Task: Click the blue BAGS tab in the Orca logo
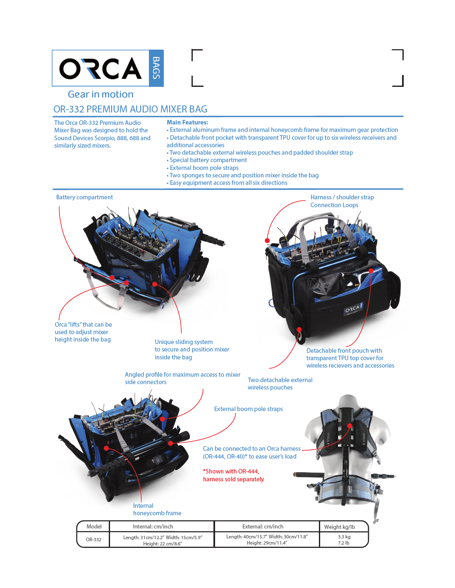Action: pyautogui.click(x=156, y=68)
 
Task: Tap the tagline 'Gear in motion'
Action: pyautogui.click(x=101, y=94)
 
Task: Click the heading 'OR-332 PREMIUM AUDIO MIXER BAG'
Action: pyautogui.click(x=130, y=109)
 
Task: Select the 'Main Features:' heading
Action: pyautogui.click(x=187, y=122)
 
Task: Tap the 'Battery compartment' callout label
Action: pyautogui.click(x=84, y=197)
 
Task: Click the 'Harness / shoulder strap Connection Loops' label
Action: pyautogui.click(x=342, y=201)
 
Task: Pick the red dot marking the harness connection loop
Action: pyautogui.click(x=267, y=241)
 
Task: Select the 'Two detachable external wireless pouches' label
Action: pyautogui.click(x=280, y=383)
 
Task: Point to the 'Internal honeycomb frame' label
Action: pyautogui.click(x=157, y=509)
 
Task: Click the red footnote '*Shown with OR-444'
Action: pyautogui.click(x=231, y=471)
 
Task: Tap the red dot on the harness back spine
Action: pyautogui.click(x=350, y=425)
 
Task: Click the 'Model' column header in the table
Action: pyautogui.click(x=94, y=526)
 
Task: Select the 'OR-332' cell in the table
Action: pyautogui.click(x=93, y=539)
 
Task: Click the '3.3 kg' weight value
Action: pyautogui.click(x=344, y=537)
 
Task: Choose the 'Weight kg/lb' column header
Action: pyautogui.click(x=340, y=527)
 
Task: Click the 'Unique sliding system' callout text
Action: pyautogui.click(x=184, y=342)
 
